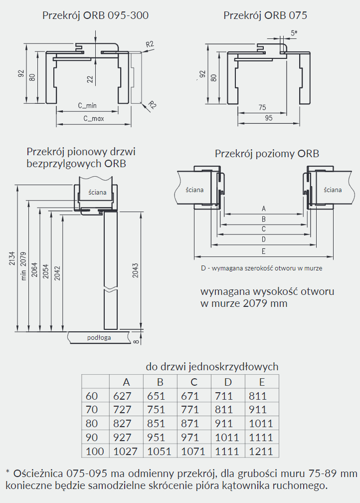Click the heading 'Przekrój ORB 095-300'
[x=95, y=15]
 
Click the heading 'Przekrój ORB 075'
[x=265, y=15]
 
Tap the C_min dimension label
[x=87, y=106]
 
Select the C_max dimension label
[x=93, y=118]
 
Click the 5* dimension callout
[x=294, y=33]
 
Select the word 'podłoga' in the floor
[x=99, y=338]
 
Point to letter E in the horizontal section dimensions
[x=263, y=251]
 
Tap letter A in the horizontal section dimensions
[x=263, y=209]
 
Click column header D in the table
[x=228, y=382]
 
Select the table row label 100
[x=95, y=452]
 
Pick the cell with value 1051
[x=160, y=452]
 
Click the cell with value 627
[x=122, y=396]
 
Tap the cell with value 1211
[x=262, y=452]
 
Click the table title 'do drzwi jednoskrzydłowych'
[x=212, y=367]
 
